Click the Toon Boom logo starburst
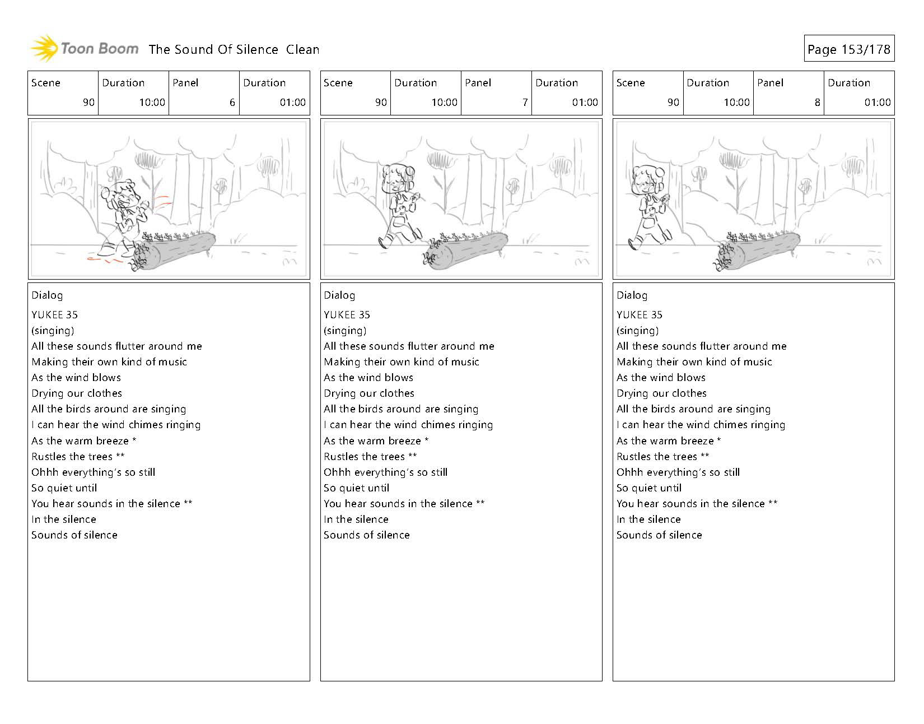point(44,48)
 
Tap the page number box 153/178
point(848,49)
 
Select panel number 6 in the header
point(232,103)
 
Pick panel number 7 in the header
point(524,103)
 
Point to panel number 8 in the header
point(817,103)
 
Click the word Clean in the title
point(302,49)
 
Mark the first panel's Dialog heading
point(47,295)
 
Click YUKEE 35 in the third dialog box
point(639,315)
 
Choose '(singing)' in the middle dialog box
point(345,331)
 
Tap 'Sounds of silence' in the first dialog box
point(74,535)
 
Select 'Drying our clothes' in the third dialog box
point(661,393)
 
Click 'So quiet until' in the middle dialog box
point(357,488)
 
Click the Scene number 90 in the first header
point(88,103)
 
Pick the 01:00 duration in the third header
point(877,103)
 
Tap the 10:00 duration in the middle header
point(444,103)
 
